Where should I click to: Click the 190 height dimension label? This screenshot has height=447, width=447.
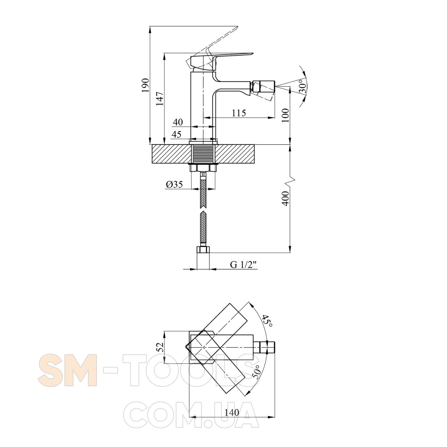(x=146, y=85)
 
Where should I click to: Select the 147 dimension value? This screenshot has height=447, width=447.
(x=160, y=99)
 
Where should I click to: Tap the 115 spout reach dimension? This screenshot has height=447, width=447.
(x=239, y=113)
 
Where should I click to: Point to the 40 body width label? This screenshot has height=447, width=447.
(x=178, y=122)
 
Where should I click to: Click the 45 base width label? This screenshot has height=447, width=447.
(x=177, y=134)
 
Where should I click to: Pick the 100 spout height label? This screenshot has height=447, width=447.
(x=286, y=115)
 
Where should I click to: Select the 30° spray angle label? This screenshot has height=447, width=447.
(x=302, y=86)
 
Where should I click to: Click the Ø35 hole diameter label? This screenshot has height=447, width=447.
(x=174, y=184)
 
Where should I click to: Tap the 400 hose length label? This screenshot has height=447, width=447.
(x=286, y=199)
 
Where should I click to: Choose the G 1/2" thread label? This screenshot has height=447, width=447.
(x=244, y=264)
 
